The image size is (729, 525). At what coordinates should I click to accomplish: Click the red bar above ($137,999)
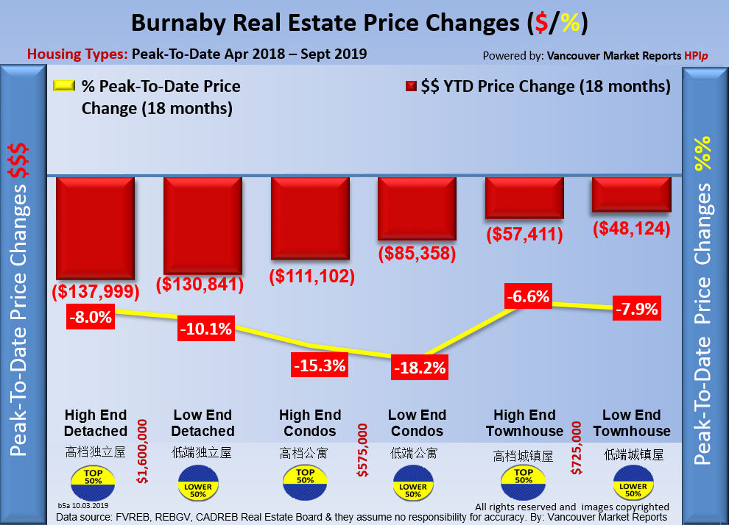[x=94, y=228]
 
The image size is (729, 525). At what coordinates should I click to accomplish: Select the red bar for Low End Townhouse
[x=631, y=195]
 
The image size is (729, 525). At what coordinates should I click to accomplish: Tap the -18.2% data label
[x=419, y=368]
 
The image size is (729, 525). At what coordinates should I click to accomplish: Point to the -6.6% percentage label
[x=528, y=297]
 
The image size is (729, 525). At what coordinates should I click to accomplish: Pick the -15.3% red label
[x=319, y=364]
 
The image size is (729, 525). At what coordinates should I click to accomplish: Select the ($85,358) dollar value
[x=418, y=254]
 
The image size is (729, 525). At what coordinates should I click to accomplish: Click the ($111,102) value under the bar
[x=311, y=276]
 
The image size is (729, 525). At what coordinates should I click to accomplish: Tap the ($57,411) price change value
[x=525, y=235]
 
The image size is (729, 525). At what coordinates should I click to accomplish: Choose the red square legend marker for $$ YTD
[x=411, y=87]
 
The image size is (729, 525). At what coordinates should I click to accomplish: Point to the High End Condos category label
[x=310, y=423]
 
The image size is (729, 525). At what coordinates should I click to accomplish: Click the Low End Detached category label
[x=203, y=423]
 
